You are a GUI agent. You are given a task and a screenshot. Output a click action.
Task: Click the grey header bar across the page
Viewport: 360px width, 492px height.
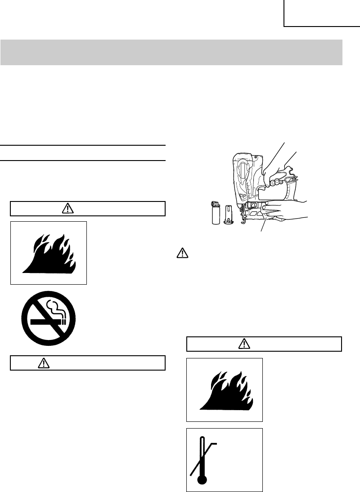coord(171,52)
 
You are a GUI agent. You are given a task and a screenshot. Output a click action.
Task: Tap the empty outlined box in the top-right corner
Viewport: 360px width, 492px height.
coord(322,13)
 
